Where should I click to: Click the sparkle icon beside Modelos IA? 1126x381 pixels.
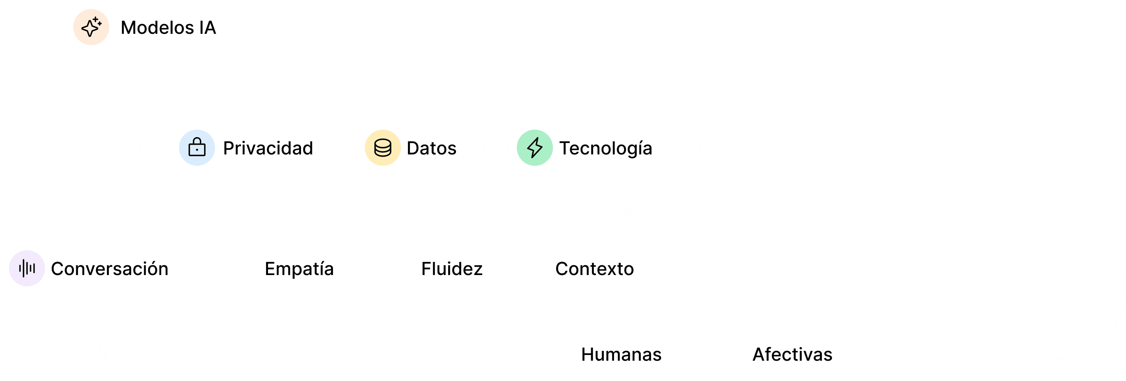pos(91,27)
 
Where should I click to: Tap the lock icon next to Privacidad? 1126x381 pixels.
pos(197,148)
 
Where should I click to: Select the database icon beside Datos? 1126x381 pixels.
pos(382,148)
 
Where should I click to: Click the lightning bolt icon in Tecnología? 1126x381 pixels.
pos(534,148)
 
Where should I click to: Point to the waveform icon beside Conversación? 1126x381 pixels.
pos(27,268)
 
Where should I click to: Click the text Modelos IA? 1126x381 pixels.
pos(168,27)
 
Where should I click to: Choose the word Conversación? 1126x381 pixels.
pos(109,269)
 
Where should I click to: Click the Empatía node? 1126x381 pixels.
pos(300,268)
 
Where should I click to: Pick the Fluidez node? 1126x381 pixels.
pos(452,268)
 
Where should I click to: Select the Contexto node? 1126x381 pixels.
pos(595,268)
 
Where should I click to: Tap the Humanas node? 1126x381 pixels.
pos(621,354)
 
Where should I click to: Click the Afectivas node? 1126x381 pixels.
pos(792,354)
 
